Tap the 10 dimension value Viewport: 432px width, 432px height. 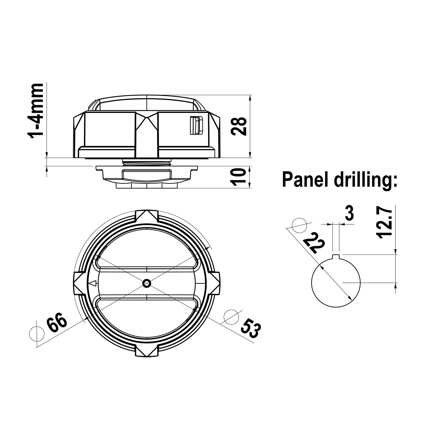(x=239, y=177)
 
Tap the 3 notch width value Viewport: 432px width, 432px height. (x=349, y=214)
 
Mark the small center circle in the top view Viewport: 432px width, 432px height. (x=147, y=283)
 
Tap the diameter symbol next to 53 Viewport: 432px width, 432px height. (x=232, y=317)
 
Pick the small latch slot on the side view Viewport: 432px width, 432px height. (x=196, y=125)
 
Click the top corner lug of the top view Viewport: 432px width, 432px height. (x=147, y=216)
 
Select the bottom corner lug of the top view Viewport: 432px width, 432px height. (x=147, y=350)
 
